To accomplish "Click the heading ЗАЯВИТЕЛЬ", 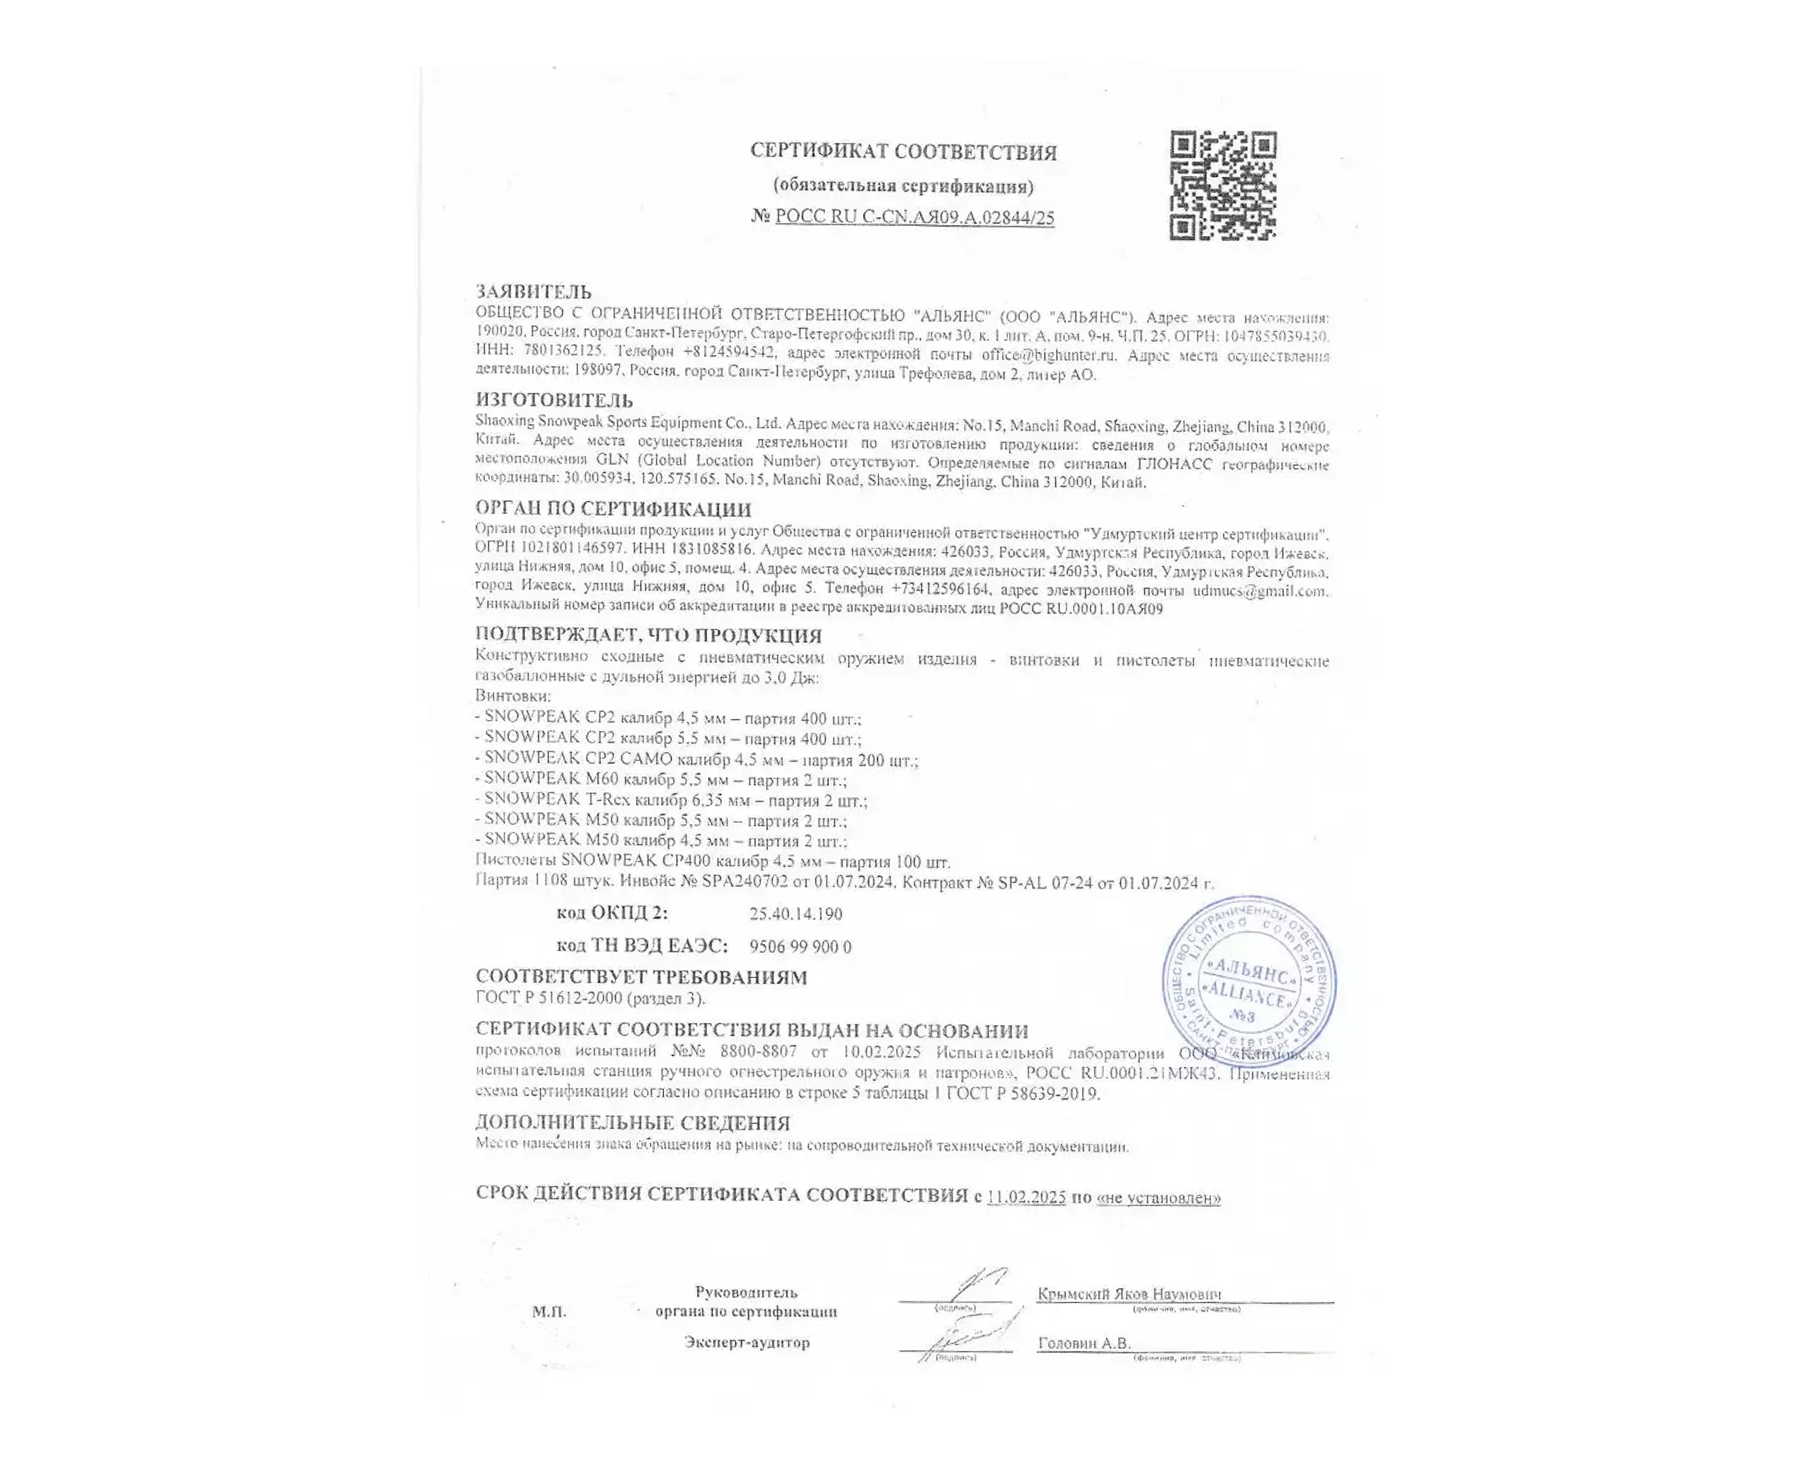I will click(x=533, y=292).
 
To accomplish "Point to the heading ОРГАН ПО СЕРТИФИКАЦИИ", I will click(x=612, y=509).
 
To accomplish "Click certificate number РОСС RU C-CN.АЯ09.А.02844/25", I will click(x=914, y=217).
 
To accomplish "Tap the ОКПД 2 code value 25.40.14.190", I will click(x=795, y=914).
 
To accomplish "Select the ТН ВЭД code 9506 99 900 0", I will click(x=799, y=946).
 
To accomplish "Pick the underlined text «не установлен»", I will click(x=1158, y=1198).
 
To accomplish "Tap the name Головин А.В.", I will click(x=1083, y=1343).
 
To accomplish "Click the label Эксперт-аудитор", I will click(x=746, y=1342).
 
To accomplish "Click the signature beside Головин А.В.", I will click(x=969, y=1338).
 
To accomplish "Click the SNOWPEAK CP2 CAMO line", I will click(x=696, y=759).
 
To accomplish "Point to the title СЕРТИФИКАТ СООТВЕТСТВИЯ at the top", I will click(x=903, y=152).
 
